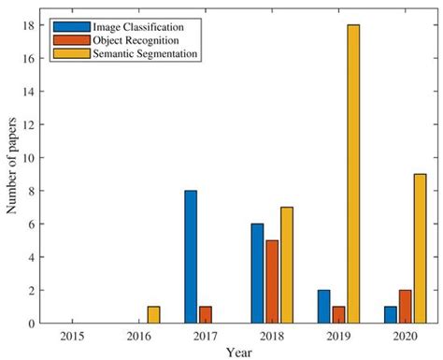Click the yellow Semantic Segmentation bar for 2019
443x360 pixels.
click(x=353, y=174)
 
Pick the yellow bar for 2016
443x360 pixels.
click(x=153, y=315)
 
